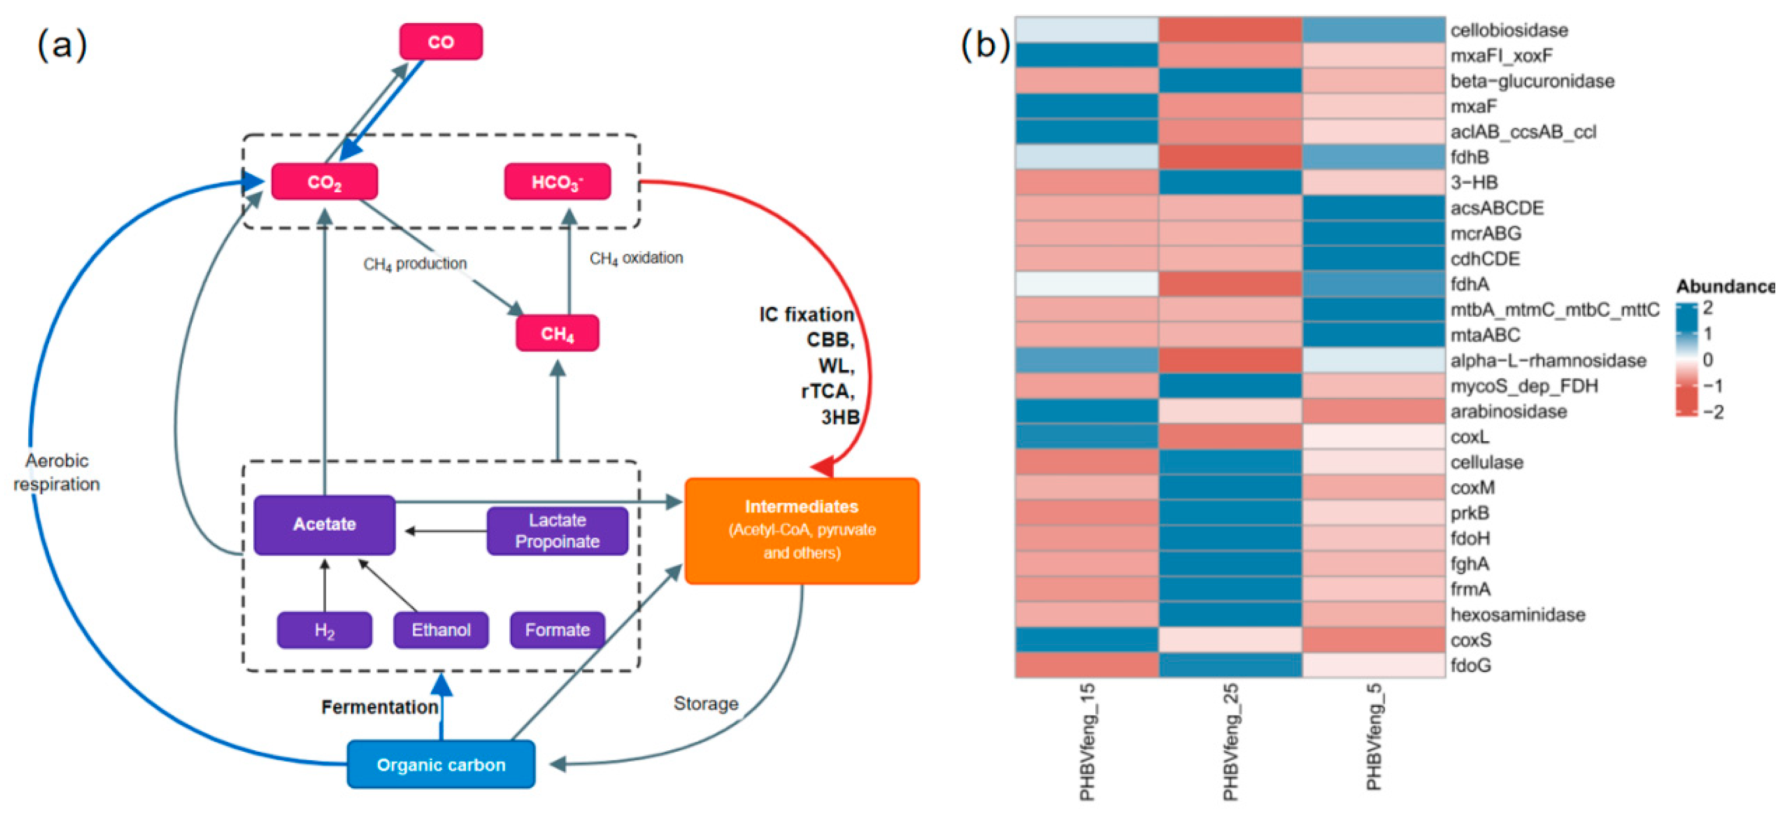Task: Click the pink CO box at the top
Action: [x=441, y=42]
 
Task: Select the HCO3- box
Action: [x=557, y=182]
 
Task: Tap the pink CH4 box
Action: [x=557, y=334]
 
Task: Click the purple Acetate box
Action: [x=325, y=524]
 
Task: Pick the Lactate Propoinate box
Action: [x=557, y=531]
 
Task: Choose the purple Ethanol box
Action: [x=441, y=630]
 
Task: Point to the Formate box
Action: [x=557, y=630]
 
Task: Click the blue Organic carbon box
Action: [x=441, y=765]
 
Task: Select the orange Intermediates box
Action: [x=802, y=531]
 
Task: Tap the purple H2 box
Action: [x=325, y=630]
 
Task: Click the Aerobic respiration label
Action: [x=57, y=472]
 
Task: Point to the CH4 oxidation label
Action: [x=636, y=258]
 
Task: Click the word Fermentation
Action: [x=380, y=707]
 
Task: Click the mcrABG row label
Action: [x=1486, y=233]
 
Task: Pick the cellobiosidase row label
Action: [x=1509, y=30]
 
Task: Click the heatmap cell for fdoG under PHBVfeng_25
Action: [x=1230, y=665]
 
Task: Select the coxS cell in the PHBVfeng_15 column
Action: [x=1087, y=640]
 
